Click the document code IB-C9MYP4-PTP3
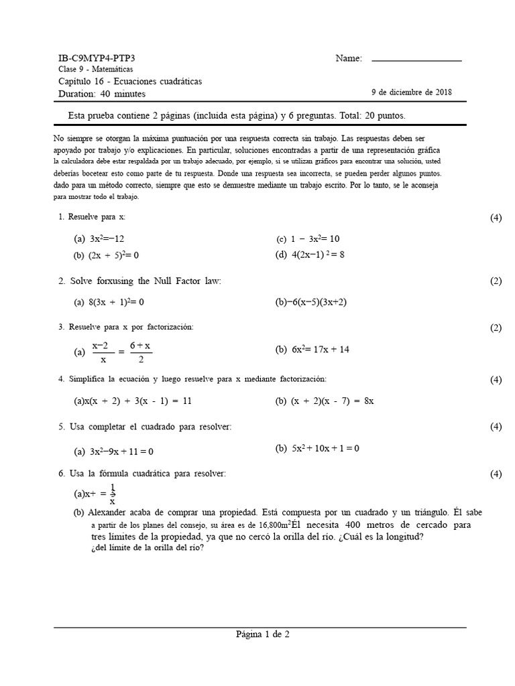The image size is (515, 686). [x=101, y=58]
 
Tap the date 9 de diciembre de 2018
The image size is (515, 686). [x=411, y=93]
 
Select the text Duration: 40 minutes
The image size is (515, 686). [x=102, y=94]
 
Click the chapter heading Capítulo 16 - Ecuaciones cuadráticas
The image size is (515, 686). [x=130, y=82]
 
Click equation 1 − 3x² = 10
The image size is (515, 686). [x=315, y=238]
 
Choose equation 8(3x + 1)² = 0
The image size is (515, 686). [x=117, y=302]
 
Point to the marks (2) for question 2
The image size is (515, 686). [x=496, y=281]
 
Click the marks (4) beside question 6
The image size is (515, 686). [x=496, y=474]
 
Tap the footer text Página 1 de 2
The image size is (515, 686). [x=262, y=634]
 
